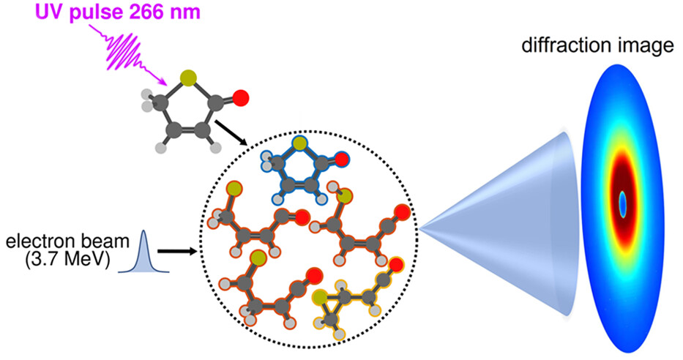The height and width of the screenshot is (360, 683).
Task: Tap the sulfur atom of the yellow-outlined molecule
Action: pos(320,297)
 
